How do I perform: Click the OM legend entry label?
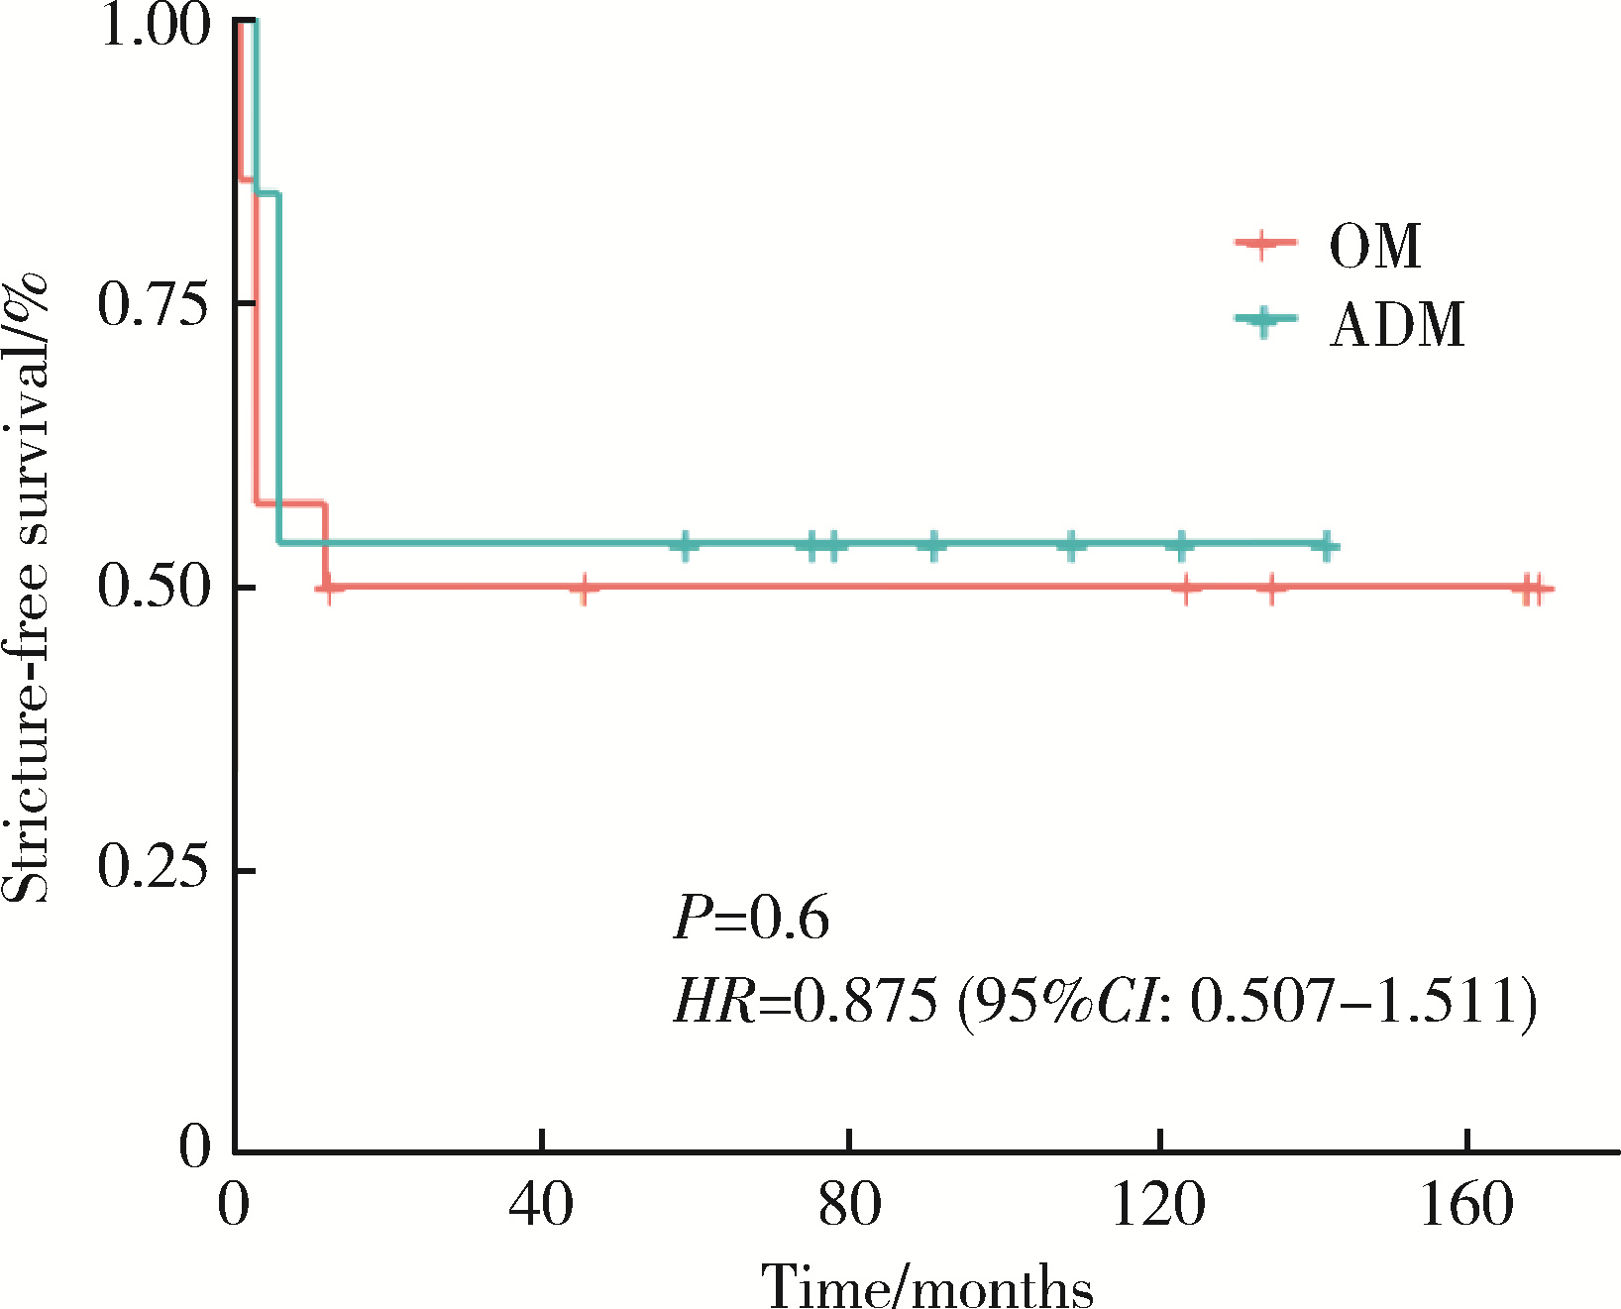(1374, 246)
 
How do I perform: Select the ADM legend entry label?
(1396, 324)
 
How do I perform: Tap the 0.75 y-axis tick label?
(155, 303)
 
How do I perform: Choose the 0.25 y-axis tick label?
(155, 869)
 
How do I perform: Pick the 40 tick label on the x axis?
(541, 1206)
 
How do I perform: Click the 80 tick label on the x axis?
(849, 1206)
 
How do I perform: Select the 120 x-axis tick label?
(1157, 1206)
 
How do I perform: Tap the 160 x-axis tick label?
(1465, 1206)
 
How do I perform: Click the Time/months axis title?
(926, 1286)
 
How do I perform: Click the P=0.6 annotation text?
(751, 918)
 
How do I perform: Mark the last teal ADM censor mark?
(1327, 545)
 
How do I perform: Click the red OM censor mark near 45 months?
(584, 589)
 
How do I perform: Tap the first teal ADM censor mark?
(685, 545)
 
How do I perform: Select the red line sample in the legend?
(1264, 244)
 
